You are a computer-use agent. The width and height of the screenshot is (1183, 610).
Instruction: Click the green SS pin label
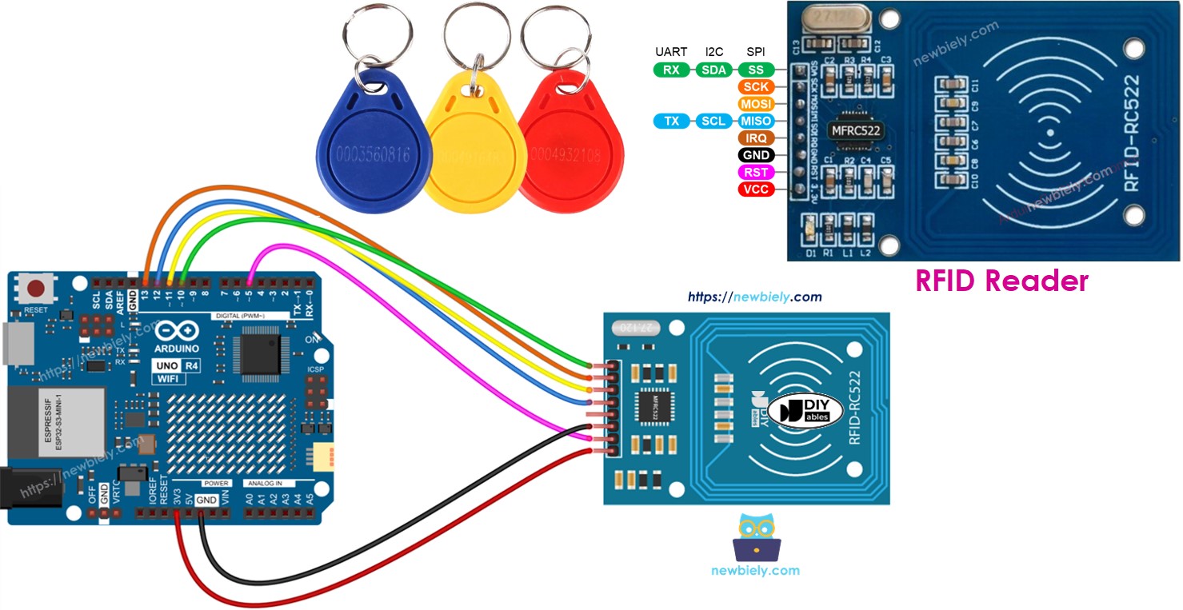click(755, 70)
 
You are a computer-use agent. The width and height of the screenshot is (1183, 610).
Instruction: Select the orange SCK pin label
click(755, 87)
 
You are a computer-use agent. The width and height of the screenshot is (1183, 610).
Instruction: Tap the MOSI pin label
click(755, 104)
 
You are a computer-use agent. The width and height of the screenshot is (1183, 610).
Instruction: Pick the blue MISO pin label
click(755, 121)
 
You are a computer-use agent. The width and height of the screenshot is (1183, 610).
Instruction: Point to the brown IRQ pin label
click(755, 138)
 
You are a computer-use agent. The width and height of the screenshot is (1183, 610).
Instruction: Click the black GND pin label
click(755, 155)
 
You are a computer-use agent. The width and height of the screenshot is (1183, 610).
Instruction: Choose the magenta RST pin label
click(755, 172)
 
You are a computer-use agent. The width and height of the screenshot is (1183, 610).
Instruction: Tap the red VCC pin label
click(755, 189)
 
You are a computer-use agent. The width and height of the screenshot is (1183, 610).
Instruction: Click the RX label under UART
click(672, 70)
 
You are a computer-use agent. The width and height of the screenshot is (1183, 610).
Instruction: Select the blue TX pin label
click(672, 121)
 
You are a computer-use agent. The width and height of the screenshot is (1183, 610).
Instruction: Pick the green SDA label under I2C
click(713, 70)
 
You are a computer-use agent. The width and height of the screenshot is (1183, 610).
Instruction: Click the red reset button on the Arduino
click(35, 289)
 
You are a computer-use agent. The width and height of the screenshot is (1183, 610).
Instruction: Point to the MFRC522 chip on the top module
click(855, 130)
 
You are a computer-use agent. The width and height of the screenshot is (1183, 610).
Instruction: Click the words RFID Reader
click(1001, 281)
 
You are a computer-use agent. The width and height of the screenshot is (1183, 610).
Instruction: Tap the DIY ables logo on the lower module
click(810, 410)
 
